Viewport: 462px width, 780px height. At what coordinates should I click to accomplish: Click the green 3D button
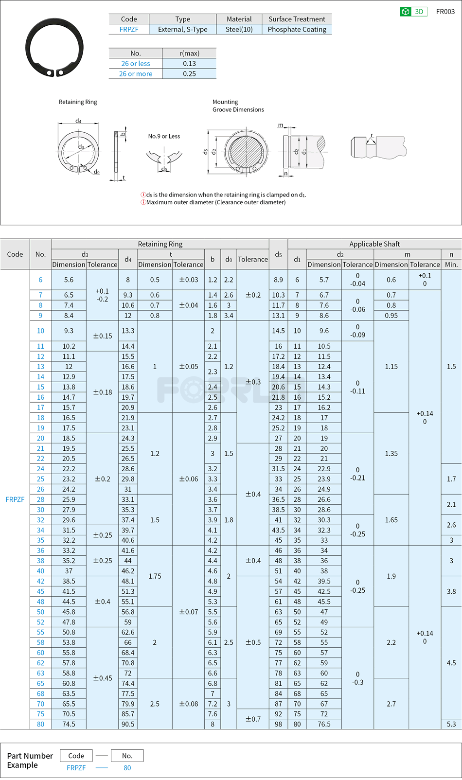(x=413, y=12)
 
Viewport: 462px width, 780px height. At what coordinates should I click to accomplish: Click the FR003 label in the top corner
(x=445, y=12)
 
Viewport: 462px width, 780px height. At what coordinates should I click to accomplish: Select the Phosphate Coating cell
(x=297, y=30)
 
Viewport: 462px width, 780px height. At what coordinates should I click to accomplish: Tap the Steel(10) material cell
(x=239, y=30)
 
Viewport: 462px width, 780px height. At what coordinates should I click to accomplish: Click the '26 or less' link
(x=136, y=64)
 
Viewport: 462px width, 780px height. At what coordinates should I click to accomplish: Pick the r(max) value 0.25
(x=189, y=74)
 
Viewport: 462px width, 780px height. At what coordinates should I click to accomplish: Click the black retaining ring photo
(x=54, y=48)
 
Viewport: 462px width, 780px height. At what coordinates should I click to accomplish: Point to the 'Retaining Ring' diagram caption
(x=78, y=102)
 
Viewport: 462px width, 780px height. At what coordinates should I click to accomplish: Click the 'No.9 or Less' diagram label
(x=164, y=136)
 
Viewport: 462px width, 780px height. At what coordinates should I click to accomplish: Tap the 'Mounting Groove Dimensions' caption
(x=238, y=106)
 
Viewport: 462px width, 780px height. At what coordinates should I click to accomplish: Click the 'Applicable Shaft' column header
(x=374, y=244)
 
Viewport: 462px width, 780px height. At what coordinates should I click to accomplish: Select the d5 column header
(x=278, y=254)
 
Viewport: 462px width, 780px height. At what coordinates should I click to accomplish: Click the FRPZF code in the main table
(x=15, y=499)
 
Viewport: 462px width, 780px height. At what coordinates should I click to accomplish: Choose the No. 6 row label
(x=40, y=280)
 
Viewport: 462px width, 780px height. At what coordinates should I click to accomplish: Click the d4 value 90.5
(x=128, y=724)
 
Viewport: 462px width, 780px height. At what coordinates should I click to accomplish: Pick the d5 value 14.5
(x=278, y=331)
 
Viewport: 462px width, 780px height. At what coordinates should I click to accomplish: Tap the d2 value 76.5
(x=324, y=724)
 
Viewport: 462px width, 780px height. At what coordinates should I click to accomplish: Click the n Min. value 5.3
(x=451, y=724)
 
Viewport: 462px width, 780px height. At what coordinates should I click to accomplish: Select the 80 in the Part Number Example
(x=127, y=768)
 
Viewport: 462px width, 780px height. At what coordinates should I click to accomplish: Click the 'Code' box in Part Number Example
(x=76, y=756)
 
